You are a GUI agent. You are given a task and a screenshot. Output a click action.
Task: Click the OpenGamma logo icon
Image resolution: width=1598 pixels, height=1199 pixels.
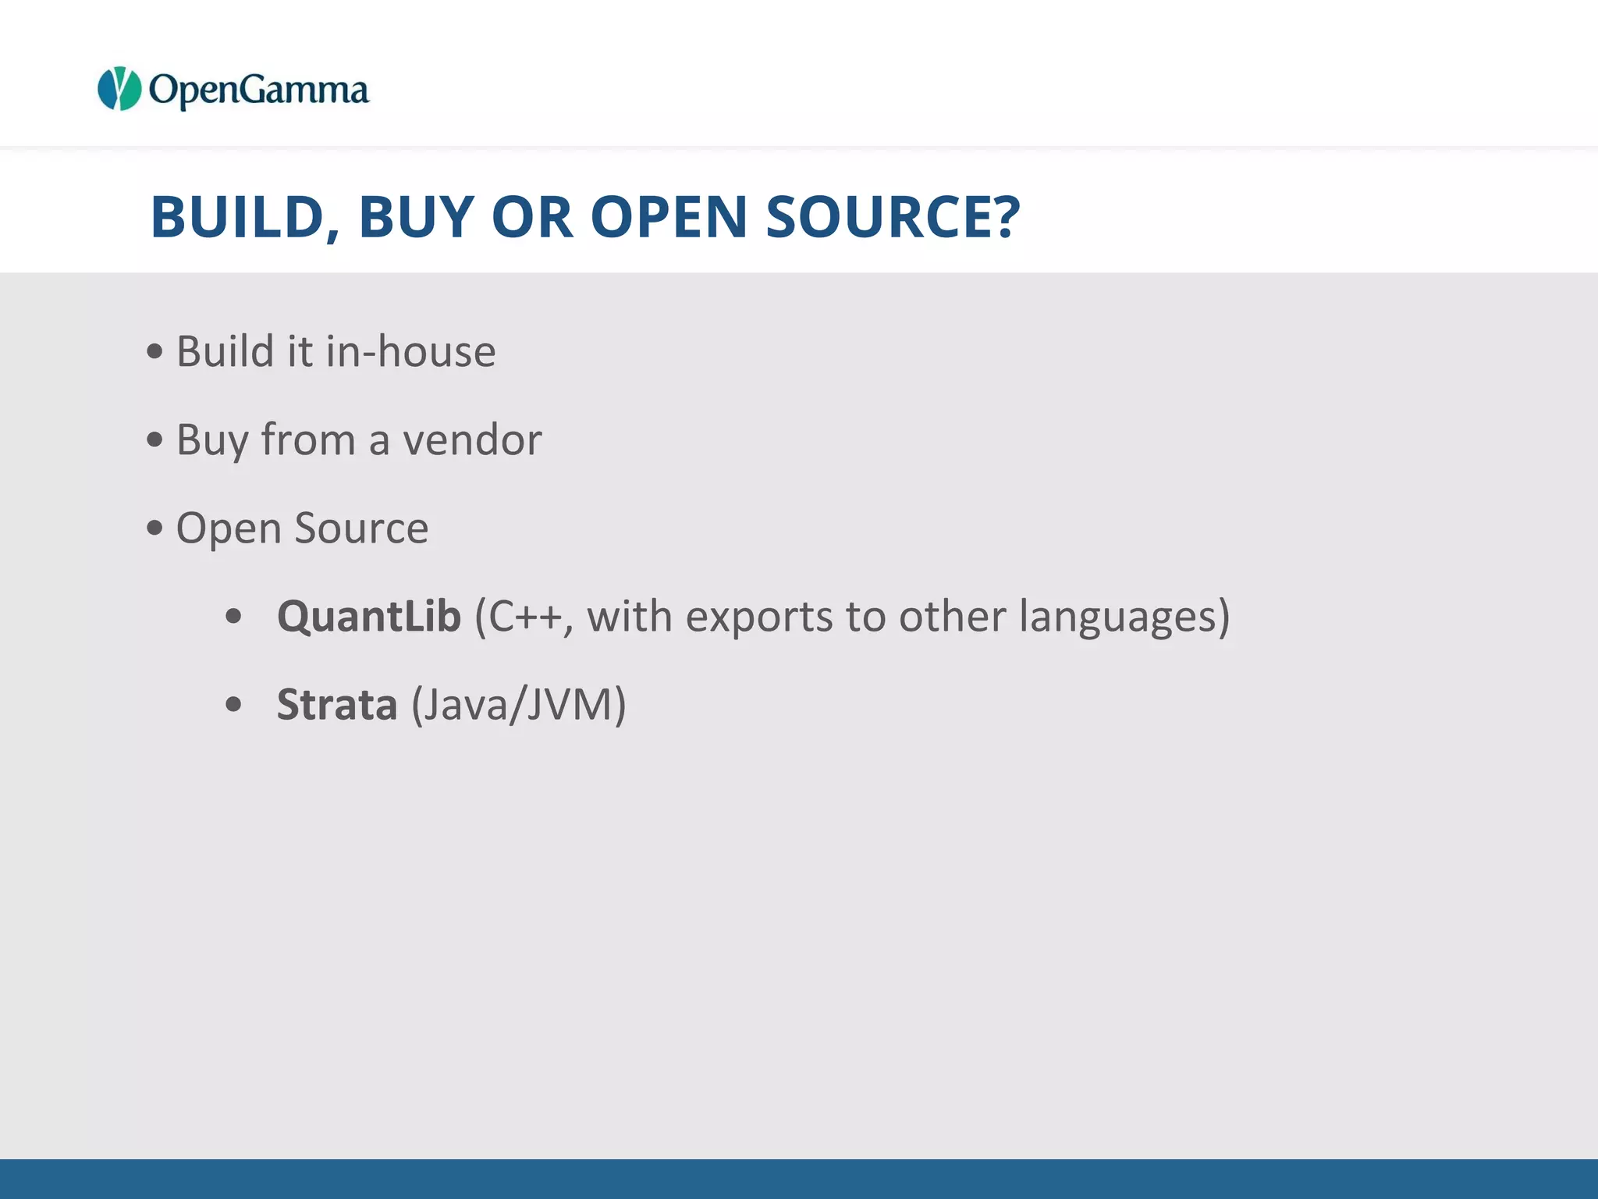(119, 89)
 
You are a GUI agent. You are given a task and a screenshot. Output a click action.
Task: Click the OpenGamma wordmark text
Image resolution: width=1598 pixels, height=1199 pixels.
(258, 91)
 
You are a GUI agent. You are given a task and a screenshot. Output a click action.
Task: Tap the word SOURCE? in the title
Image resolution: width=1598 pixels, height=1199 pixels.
(893, 216)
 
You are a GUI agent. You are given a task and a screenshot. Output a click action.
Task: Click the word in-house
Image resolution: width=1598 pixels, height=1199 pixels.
(410, 351)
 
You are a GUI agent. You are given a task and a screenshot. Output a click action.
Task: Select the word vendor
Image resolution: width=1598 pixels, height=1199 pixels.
(472, 439)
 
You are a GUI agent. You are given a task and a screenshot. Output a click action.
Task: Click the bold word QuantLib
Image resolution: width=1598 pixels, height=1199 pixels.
(369, 617)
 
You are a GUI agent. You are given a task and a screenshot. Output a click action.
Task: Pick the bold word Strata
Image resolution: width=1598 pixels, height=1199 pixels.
(337, 704)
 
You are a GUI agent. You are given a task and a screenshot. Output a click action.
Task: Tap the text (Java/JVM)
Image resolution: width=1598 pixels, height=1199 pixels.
(519, 705)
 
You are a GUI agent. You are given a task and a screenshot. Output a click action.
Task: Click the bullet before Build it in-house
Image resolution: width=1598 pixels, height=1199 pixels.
(155, 351)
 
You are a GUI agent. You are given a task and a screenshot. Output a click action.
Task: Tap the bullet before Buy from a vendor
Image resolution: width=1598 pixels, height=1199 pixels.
(155, 439)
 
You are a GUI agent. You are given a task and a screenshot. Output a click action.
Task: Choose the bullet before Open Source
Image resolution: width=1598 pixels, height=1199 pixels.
(155, 528)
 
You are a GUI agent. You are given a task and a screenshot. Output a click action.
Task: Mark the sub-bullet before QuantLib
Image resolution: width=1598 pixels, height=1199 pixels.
(233, 617)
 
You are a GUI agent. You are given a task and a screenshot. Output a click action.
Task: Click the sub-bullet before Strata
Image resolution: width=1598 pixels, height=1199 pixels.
(233, 705)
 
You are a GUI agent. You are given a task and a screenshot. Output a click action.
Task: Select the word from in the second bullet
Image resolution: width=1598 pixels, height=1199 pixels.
(307, 439)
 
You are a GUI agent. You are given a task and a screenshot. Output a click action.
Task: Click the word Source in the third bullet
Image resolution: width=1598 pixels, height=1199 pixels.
(361, 528)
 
